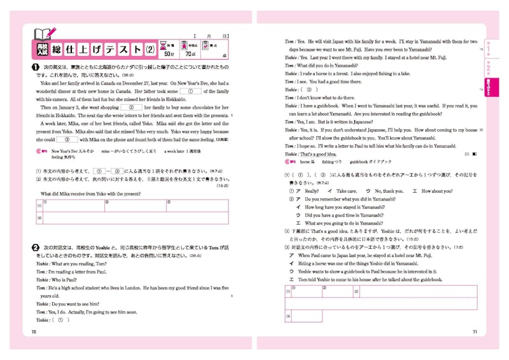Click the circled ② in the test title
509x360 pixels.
[151, 48]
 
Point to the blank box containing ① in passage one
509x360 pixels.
[191, 91]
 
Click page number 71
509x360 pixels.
[475, 331]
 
